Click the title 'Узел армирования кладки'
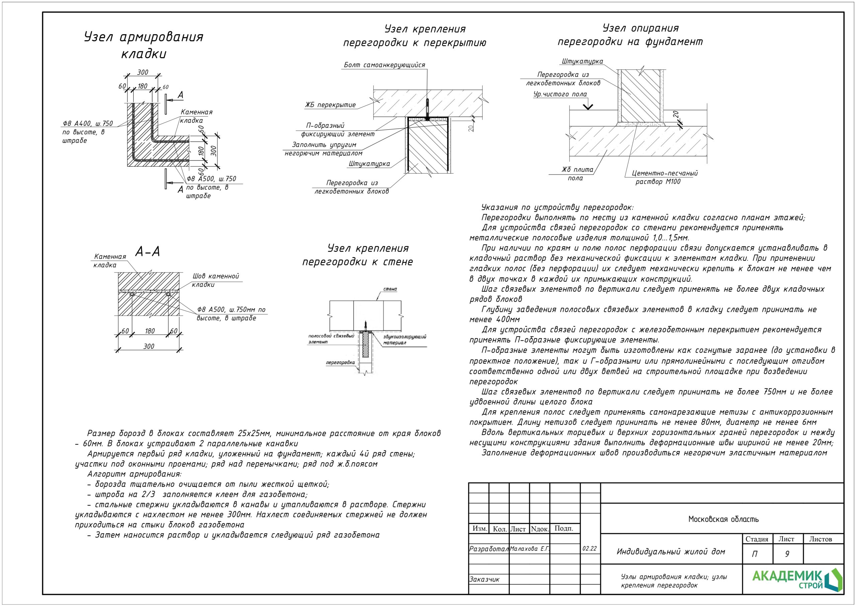point(144,45)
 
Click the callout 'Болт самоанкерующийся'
point(384,65)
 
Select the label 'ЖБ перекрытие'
point(330,105)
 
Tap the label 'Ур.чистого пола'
point(560,94)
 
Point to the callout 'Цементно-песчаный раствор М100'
point(665,177)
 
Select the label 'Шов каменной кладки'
point(215,280)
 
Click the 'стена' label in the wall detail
point(390,289)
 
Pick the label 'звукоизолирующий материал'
point(405,339)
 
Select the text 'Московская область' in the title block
point(723,519)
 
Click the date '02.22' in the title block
point(590,548)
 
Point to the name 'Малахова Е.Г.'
point(530,548)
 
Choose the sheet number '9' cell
point(787,554)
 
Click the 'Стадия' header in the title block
point(757,539)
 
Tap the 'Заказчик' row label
point(484,579)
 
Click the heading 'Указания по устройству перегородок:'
point(557,207)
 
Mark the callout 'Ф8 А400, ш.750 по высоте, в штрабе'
point(88,132)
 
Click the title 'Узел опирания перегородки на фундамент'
point(630,35)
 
